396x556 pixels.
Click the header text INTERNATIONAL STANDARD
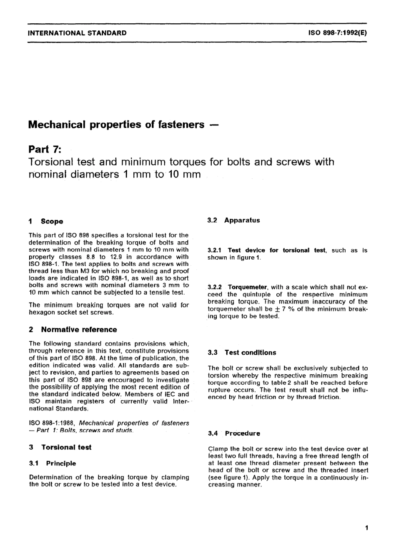click(77, 33)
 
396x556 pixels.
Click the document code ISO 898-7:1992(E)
click(337, 33)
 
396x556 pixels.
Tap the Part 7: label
click(44, 149)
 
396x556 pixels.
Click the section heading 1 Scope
click(46, 221)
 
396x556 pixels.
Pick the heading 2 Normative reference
click(73, 330)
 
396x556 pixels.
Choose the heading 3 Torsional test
click(60, 447)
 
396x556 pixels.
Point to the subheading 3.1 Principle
click(53, 463)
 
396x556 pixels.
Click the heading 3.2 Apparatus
click(234, 220)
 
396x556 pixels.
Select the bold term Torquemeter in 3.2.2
click(247, 287)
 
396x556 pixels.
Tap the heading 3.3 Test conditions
click(242, 353)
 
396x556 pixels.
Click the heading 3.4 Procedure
click(234, 433)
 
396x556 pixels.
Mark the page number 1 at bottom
click(366, 528)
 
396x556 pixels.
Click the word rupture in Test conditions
click(219, 390)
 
